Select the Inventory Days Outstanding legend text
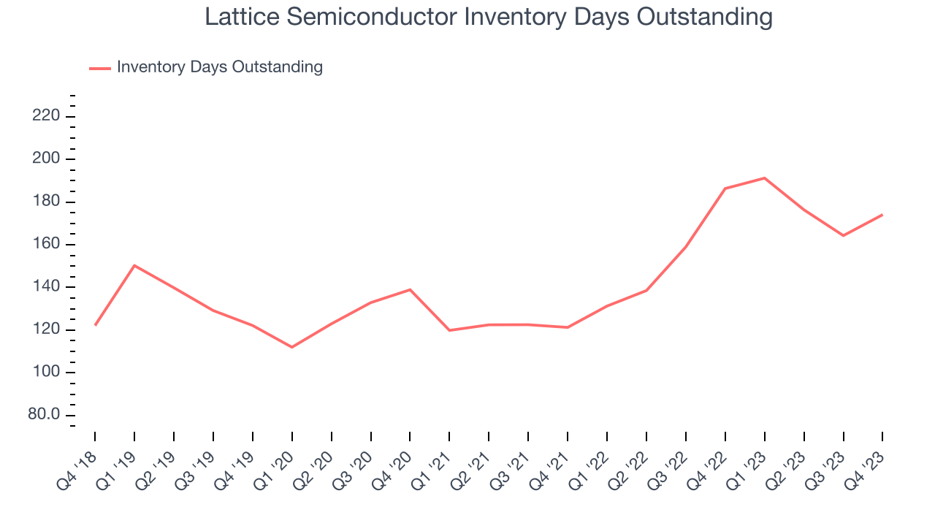click(x=219, y=67)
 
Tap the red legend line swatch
click(x=100, y=68)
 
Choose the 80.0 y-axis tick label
click(x=43, y=415)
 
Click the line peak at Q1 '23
click(x=764, y=178)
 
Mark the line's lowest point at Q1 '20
click(x=292, y=347)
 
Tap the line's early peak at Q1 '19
click(x=134, y=265)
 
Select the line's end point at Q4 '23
click(x=882, y=215)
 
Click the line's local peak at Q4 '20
click(x=410, y=289)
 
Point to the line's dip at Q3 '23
click(x=843, y=235)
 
